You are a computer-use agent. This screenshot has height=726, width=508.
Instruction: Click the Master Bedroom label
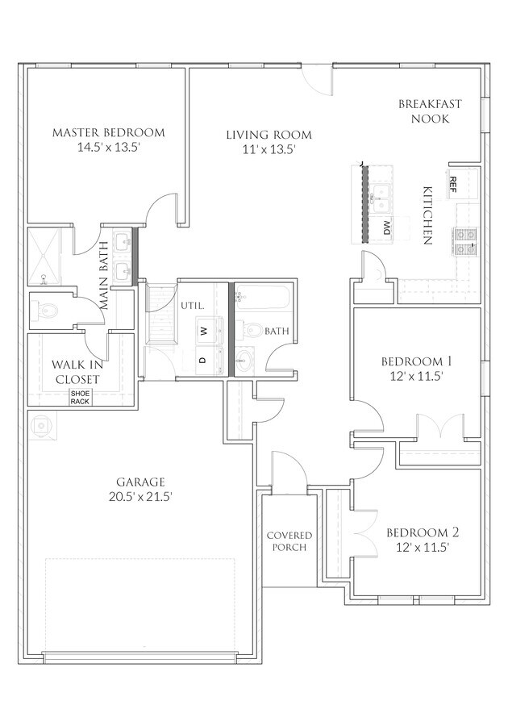108,132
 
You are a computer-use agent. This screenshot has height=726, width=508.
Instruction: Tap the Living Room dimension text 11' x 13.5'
268,149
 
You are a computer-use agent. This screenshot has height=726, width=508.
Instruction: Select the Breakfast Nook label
430,111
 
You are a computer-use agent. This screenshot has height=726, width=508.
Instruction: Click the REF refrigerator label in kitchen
453,181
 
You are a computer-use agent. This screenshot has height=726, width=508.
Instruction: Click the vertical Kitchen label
428,215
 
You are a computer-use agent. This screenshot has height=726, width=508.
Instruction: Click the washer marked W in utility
205,330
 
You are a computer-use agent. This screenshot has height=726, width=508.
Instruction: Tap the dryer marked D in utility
205,359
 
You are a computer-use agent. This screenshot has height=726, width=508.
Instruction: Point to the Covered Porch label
289,541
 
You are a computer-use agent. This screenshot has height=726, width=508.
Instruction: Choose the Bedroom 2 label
422,539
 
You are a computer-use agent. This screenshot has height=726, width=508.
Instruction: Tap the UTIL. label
191,306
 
